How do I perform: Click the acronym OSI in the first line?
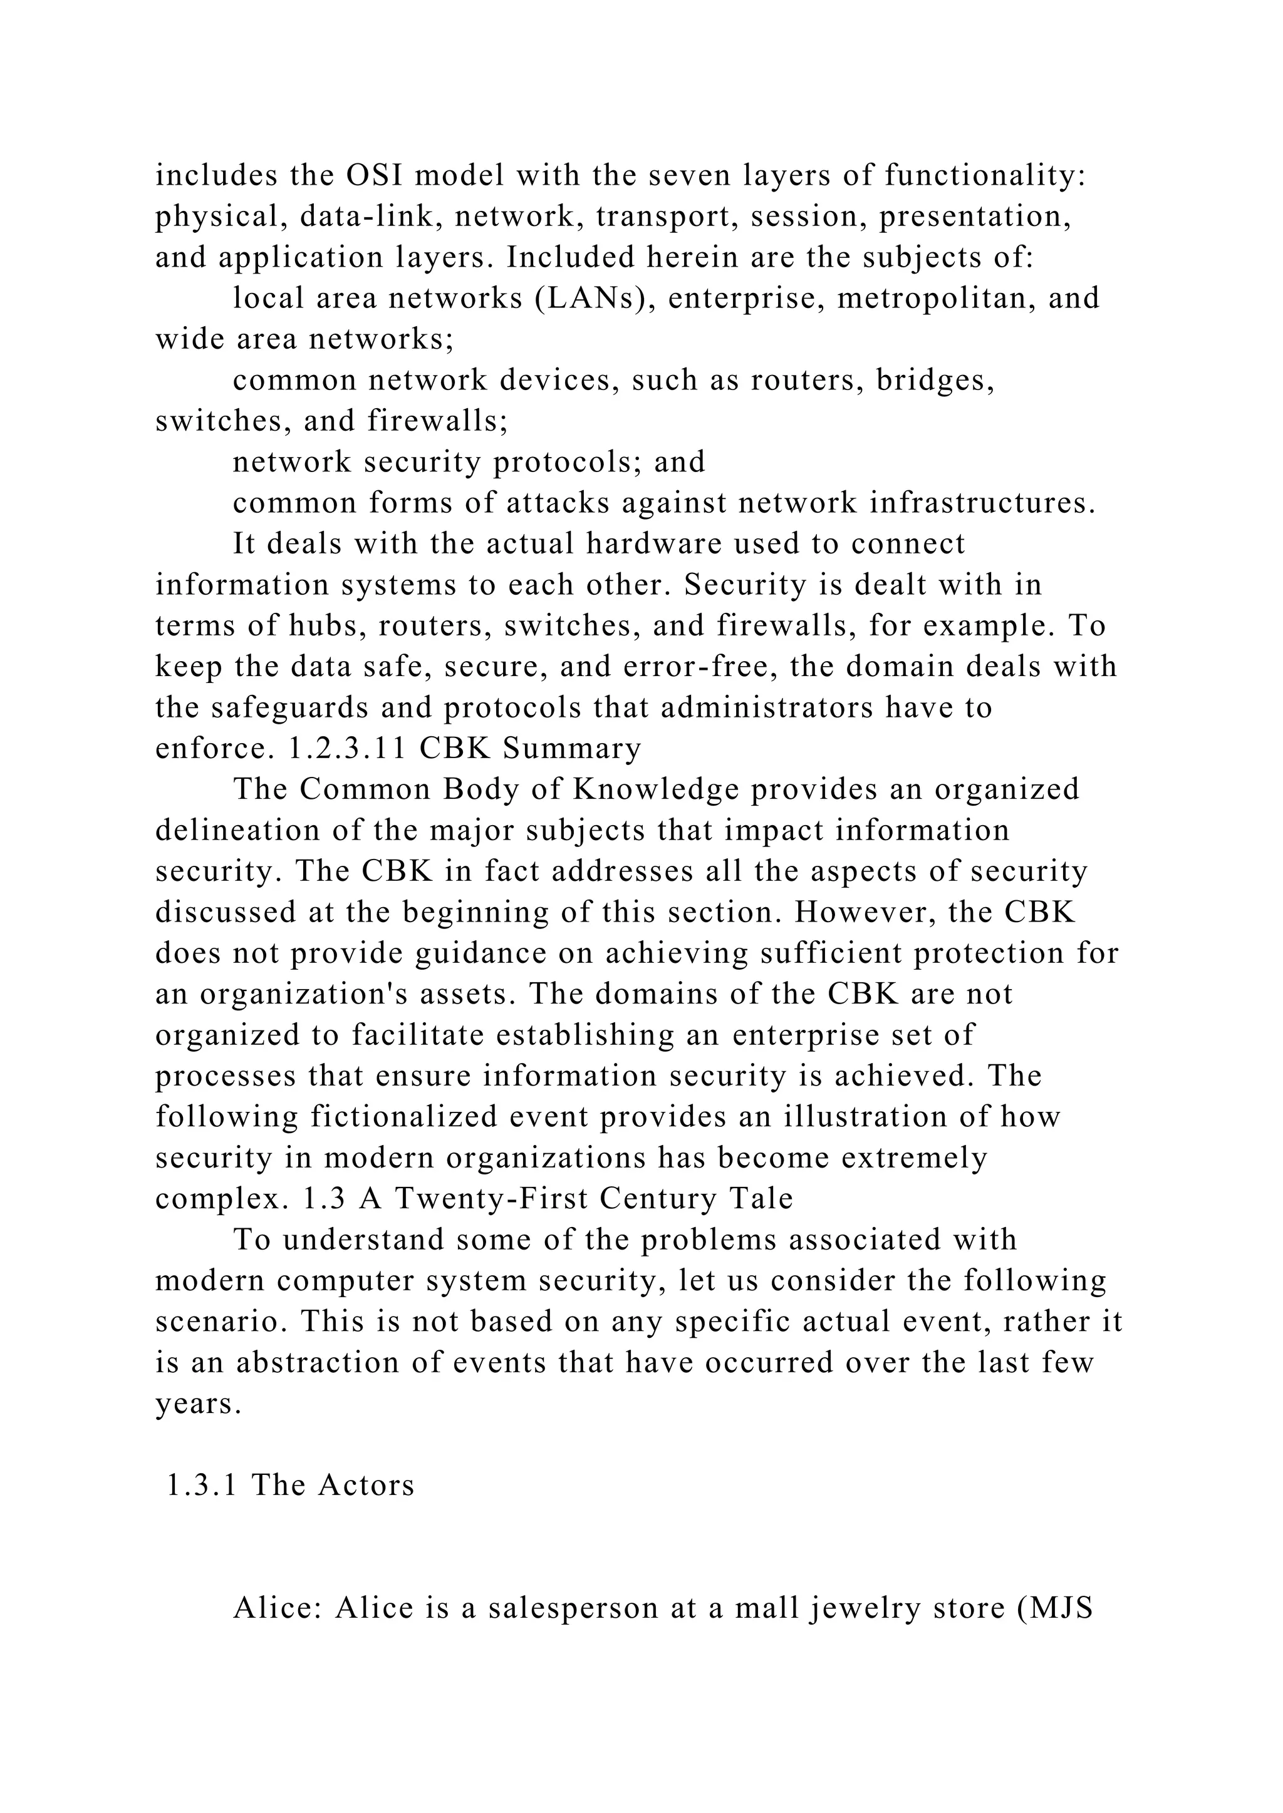point(375,175)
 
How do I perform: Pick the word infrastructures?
point(982,503)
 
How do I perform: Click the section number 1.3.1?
point(202,1486)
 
